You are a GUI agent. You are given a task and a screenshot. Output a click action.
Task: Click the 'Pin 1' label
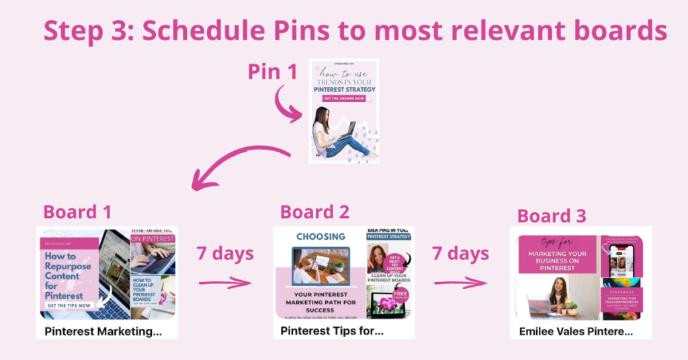point(272,72)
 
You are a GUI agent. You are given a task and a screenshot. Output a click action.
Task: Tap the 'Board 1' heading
point(77,212)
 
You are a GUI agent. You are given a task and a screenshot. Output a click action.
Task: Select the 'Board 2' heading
point(314,212)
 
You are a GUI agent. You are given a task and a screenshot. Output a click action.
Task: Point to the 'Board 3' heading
point(552,216)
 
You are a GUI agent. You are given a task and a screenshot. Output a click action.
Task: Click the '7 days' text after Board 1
point(225,254)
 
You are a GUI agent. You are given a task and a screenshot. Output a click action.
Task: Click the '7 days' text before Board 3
point(460,254)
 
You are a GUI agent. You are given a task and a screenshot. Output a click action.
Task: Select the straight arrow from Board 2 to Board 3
point(460,283)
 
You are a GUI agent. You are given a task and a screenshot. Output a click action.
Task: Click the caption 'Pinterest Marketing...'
point(103,331)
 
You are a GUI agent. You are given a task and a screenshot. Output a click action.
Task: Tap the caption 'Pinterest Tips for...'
point(331,331)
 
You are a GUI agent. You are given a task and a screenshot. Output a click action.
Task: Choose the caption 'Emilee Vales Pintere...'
point(576,331)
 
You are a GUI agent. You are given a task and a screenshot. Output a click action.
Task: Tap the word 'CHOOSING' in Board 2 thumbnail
point(320,236)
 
